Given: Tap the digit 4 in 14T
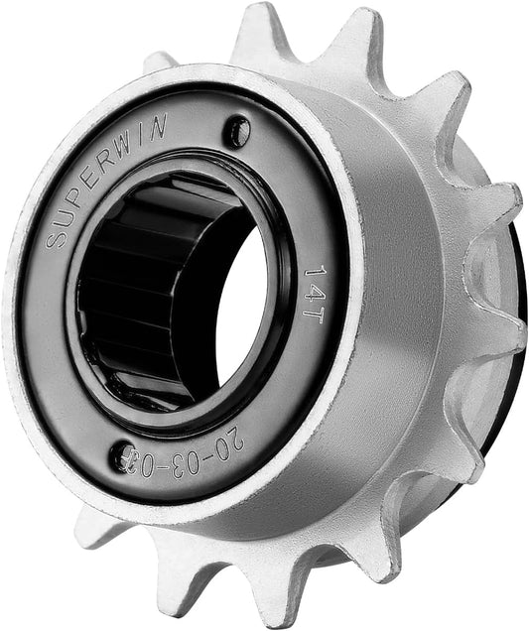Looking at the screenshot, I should point(317,285).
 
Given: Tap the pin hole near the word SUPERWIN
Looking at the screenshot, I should point(235,130).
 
